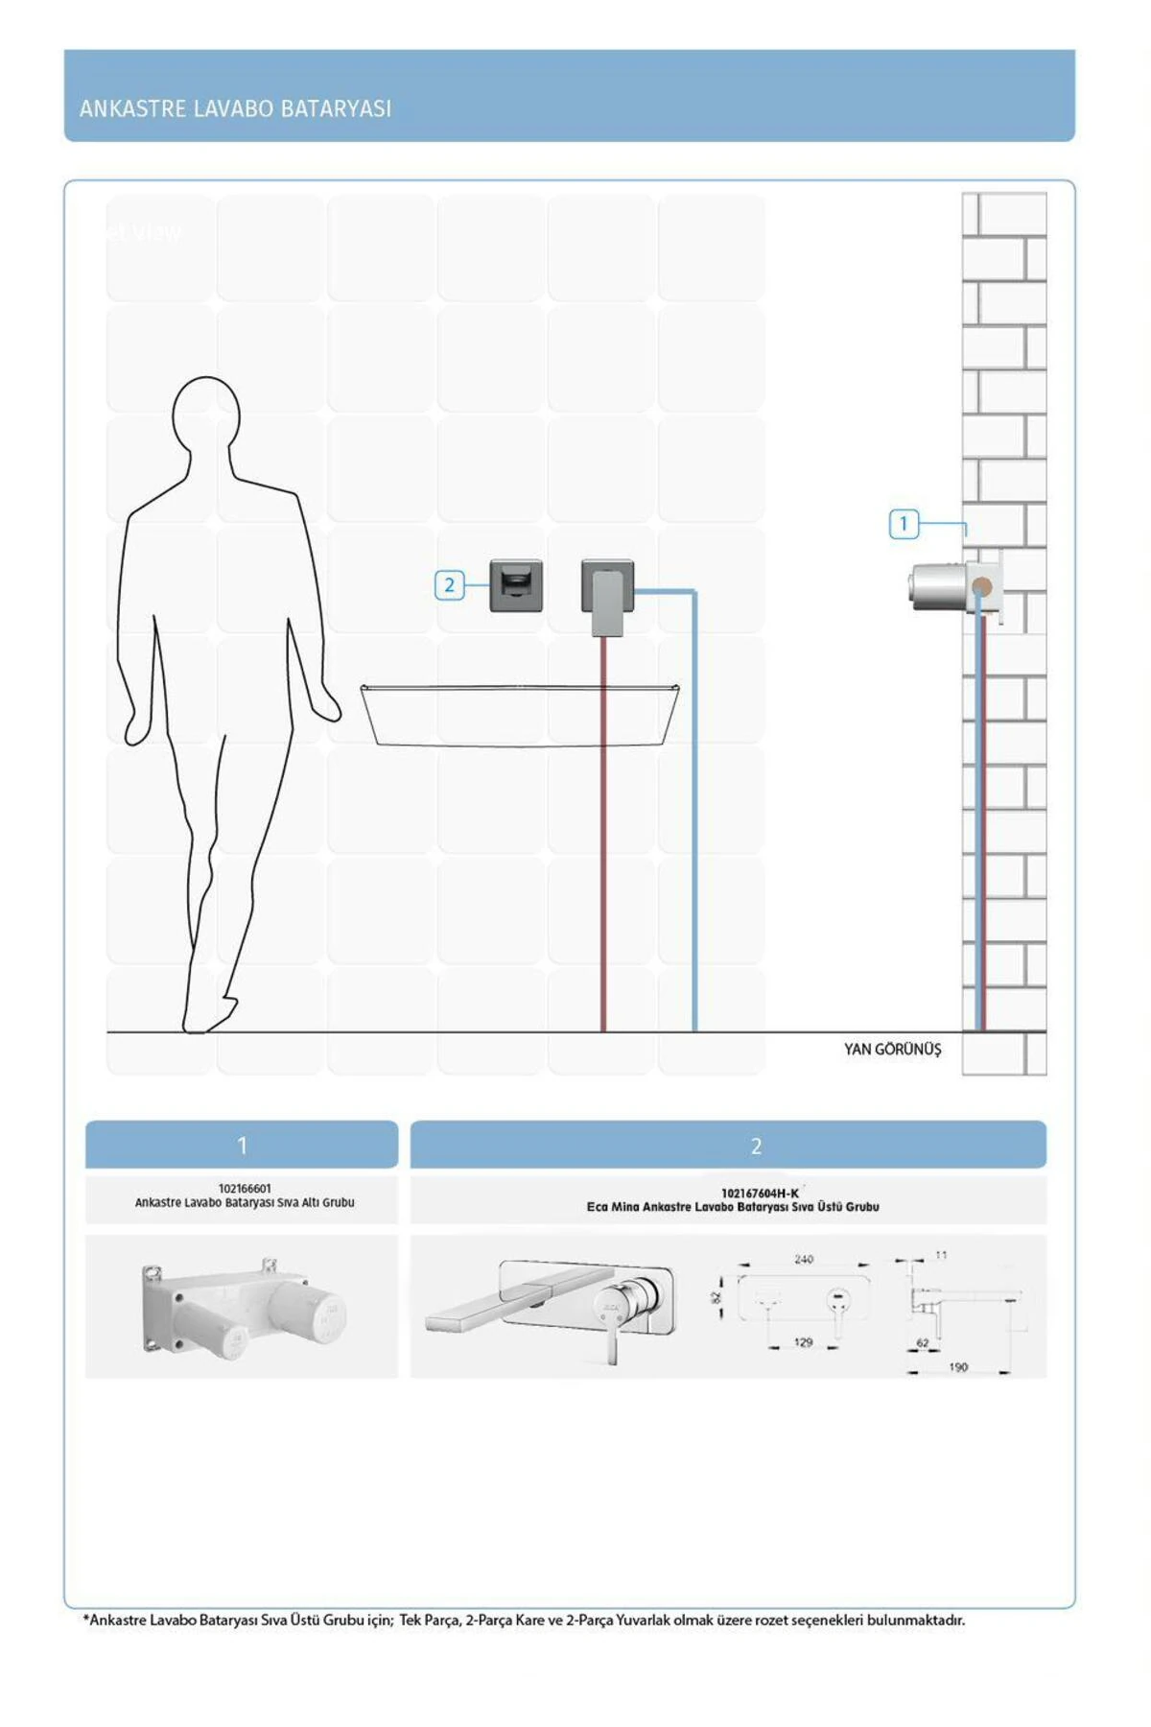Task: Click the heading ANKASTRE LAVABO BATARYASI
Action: [x=235, y=108]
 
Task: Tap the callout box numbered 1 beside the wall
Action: [x=904, y=524]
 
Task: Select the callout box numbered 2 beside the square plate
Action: [x=449, y=585]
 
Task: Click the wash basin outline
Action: [x=520, y=715]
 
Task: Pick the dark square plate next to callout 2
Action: [x=516, y=585]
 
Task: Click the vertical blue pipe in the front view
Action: [x=694, y=812]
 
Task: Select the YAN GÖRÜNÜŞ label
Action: [x=892, y=1050]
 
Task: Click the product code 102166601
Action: [x=245, y=1189]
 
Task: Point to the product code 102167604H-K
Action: [x=760, y=1194]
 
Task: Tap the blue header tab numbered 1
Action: [x=242, y=1145]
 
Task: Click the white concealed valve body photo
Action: [x=243, y=1307]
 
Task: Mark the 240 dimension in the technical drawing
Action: [x=804, y=1259]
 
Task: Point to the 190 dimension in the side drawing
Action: [x=958, y=1367]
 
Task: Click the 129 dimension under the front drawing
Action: [x=804, y=1342]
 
